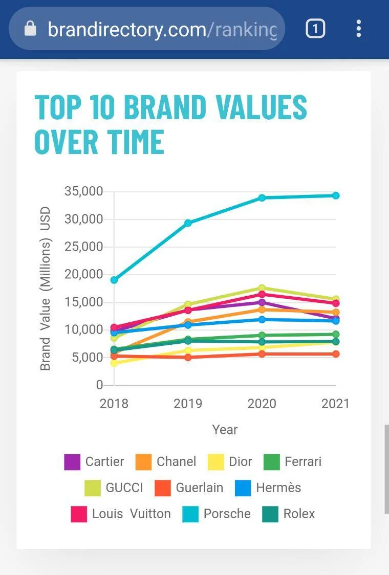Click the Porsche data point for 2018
(x=114, y=280)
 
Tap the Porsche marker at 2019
(x=188, y=223)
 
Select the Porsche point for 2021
(x=336, y=195)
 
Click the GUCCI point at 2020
(x=262, y=288)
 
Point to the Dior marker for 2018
(x=114, y=363)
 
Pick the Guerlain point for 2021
(x=336, y=354)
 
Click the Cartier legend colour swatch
(x=72, y=462)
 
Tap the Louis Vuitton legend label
(x=131, y=514)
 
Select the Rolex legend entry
(x=299, y=514)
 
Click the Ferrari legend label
(x=303, y=461)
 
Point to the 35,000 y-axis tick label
(x=83, y=191)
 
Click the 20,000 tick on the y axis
(x=83, y=274)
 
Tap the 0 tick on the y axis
(x=99, y=385)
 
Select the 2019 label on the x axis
(x=188, y=404)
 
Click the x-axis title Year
(x=225, y=430)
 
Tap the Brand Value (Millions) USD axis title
(x=46, y=288)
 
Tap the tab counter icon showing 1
(x=315, y=29)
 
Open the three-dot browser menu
(x=359, y=29)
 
